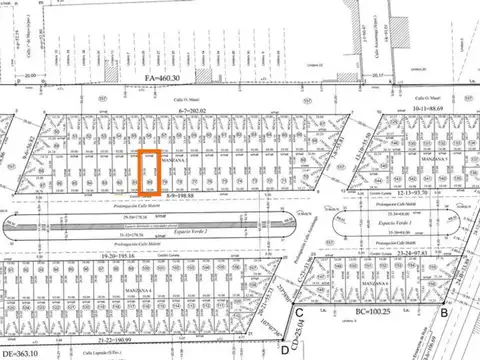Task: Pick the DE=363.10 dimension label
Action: pyautogui.click(x=22, y=352)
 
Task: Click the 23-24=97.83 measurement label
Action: pyautogui.click(x=410, y=256)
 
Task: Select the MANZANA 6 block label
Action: pyautogui.click(x=436, y=159)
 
